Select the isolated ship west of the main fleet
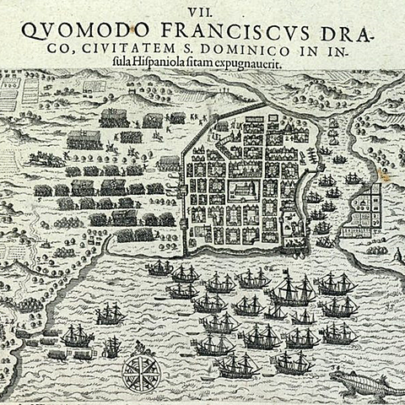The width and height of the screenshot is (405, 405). (x=109, y=314)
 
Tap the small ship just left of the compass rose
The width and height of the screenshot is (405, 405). (x=111, y=347)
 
